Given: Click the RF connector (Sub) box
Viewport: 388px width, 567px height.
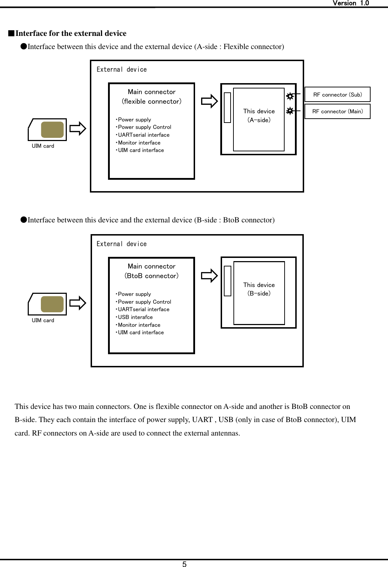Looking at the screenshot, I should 337,94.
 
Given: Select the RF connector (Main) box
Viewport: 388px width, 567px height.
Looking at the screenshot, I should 337,111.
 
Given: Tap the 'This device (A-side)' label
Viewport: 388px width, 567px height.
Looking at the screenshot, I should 259,115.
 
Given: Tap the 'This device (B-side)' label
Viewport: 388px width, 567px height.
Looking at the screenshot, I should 259,289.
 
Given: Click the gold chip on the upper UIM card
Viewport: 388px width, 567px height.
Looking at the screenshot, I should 52,130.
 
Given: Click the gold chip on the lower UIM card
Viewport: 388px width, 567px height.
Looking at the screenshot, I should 52,304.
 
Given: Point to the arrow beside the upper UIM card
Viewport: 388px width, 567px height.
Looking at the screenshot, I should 77,129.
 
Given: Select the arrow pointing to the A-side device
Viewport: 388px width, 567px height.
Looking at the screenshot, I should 209,101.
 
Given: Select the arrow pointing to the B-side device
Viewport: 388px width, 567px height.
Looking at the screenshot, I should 209,276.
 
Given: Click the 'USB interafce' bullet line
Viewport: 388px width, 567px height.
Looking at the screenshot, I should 135,317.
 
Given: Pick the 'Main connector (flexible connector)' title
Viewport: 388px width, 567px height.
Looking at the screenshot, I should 152,97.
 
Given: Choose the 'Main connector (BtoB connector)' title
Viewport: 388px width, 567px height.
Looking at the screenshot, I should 152,271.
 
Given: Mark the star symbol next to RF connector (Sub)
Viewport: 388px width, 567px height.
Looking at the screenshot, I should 290,96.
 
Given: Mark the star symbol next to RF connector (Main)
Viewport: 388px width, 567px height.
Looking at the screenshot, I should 290,111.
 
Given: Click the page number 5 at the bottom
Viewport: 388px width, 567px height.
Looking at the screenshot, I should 184,564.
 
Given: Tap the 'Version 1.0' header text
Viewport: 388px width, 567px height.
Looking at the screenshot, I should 350,3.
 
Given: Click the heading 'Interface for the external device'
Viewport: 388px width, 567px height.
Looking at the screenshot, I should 71,33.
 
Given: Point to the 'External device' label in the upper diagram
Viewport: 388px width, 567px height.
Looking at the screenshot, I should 122,70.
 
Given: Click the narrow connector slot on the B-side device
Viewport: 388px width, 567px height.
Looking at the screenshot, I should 227,281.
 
